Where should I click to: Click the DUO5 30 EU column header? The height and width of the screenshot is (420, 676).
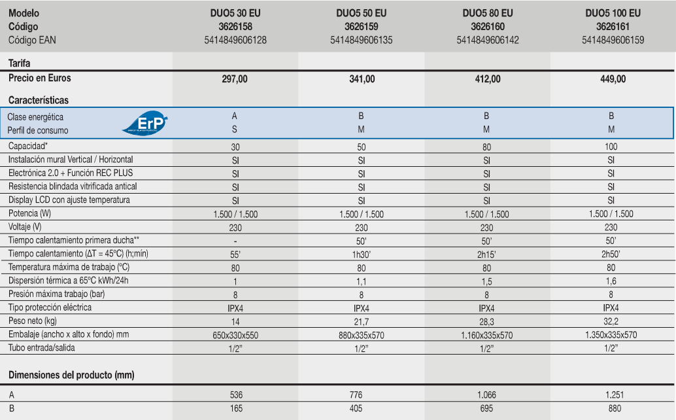[x=235, y=13]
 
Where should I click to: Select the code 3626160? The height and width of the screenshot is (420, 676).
[x=487, y=27]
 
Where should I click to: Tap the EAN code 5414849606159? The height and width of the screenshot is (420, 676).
[x=613, y=40]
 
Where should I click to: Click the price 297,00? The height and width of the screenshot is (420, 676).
[x=235, y=79]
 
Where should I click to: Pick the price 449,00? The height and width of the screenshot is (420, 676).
[x=612, y=79]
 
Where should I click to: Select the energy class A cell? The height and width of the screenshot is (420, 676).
[x=235, y=116]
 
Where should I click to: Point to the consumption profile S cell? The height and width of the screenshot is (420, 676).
[x=235, y=130]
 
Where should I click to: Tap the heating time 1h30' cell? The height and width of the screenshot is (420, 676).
[x=361, y=254]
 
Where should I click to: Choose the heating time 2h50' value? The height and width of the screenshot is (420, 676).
[x=612, y=254]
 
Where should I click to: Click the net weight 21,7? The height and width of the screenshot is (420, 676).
[x=361, y=322]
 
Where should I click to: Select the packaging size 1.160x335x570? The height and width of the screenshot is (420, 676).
[x=487, y=335]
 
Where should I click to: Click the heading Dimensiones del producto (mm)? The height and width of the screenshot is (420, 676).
[x=71, y=375]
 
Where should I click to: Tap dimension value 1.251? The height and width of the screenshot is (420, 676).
[x=612, y=394]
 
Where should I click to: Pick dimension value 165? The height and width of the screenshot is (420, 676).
[x=236, y=408]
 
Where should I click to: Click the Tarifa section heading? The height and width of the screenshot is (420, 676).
[x=20, y=63]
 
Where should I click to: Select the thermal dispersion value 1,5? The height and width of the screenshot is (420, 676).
[x=487, y=281]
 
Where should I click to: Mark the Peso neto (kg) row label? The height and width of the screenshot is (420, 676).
[x=33, y=321]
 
